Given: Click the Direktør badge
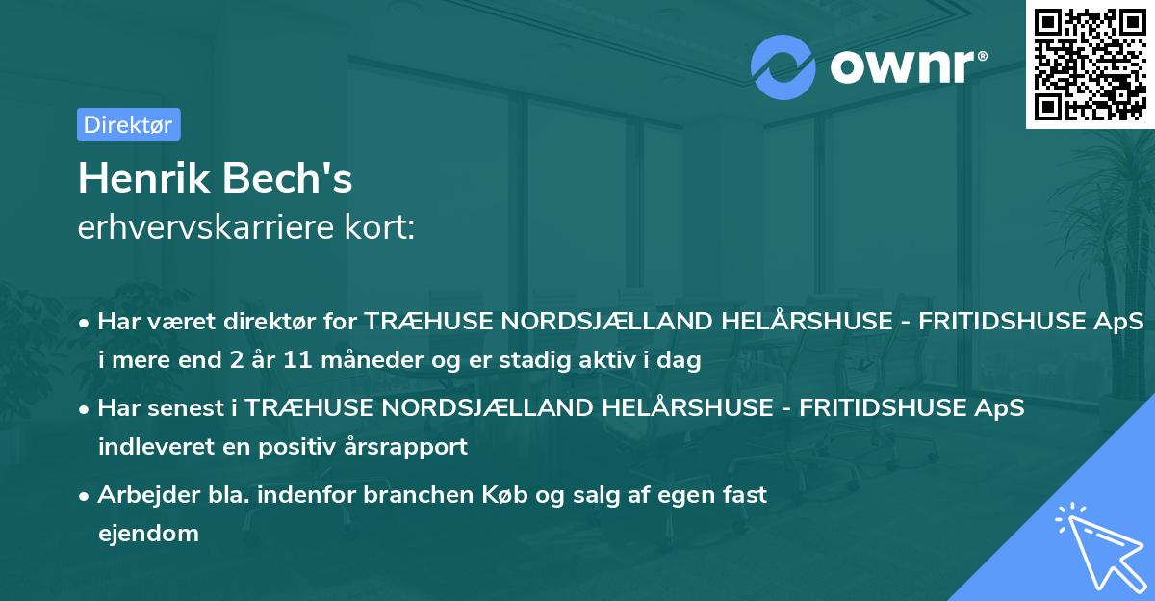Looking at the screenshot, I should [x=128, y=124].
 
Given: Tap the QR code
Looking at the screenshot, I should [x=1090, y=64].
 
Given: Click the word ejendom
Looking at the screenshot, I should [x=148, y=533].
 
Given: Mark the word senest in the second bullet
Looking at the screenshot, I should [x=188, y=409].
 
